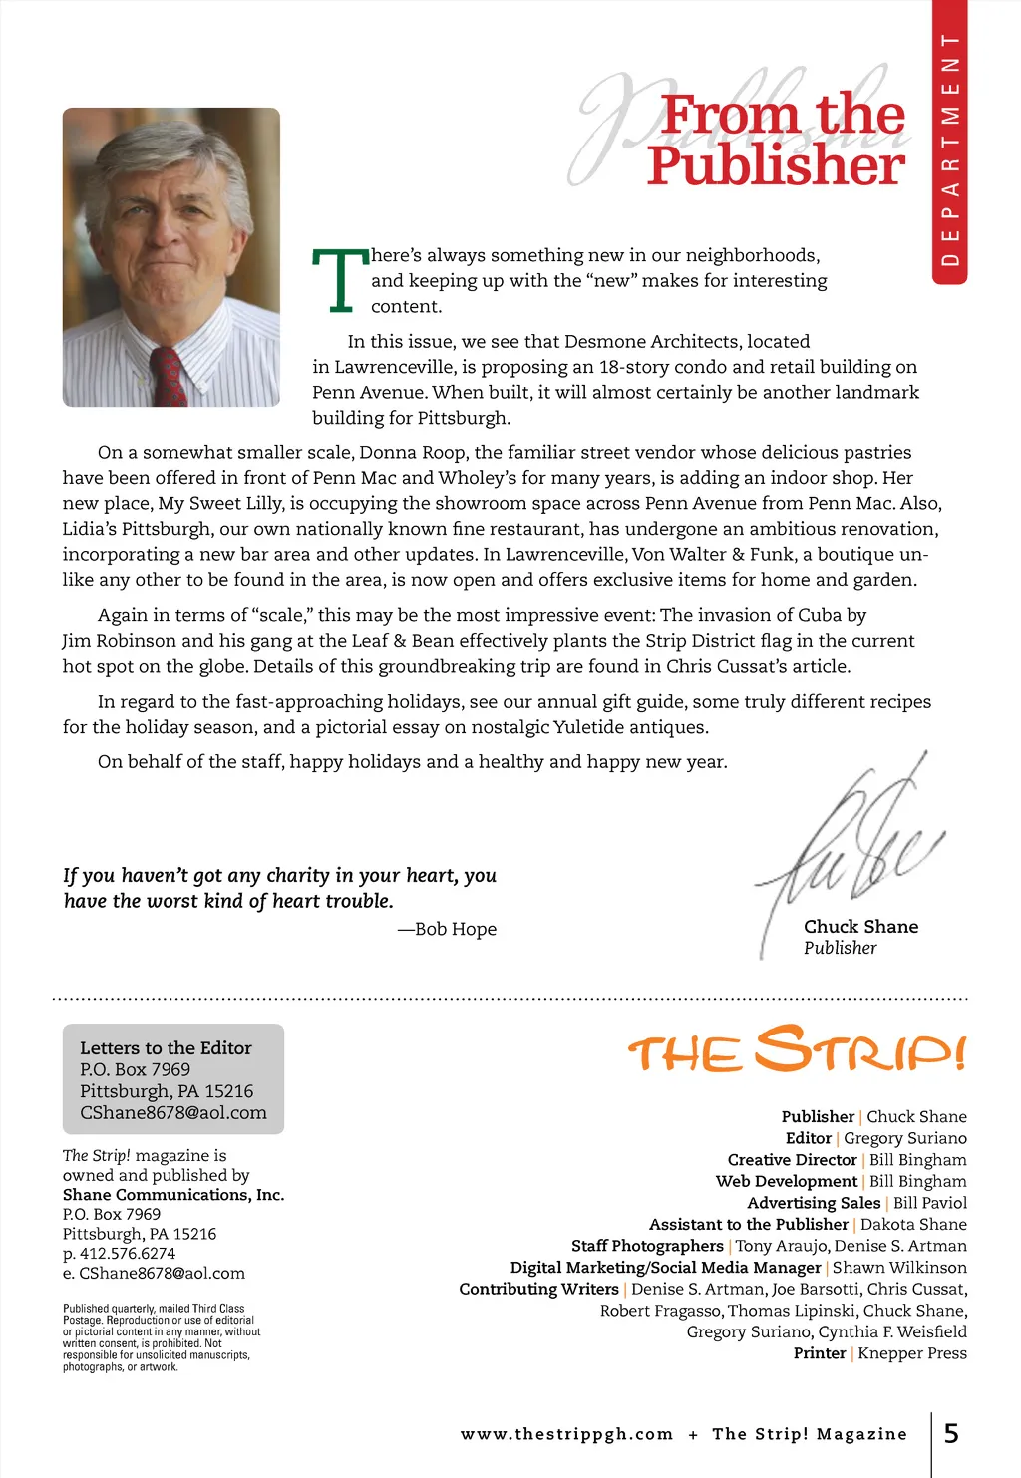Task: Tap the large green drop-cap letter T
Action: coord(339,281)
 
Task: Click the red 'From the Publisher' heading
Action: coord(778,141)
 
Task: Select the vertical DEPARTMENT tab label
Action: coord(950,149)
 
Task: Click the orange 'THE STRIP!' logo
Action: coord(797,1049)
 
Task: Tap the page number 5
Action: coord(951,1434)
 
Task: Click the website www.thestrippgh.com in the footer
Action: coord(566,1434)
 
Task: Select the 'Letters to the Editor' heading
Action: coord(166,1048)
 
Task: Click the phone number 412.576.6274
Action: coord(128,1253)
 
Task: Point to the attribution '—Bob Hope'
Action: coord(447,929)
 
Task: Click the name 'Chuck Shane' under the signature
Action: coord(860,927)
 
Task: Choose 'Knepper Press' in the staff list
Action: coord(912,1353)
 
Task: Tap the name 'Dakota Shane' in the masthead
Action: coord(913,1224)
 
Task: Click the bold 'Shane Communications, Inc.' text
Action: coord(173,1195)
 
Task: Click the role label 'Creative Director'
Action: coord(792,1160)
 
